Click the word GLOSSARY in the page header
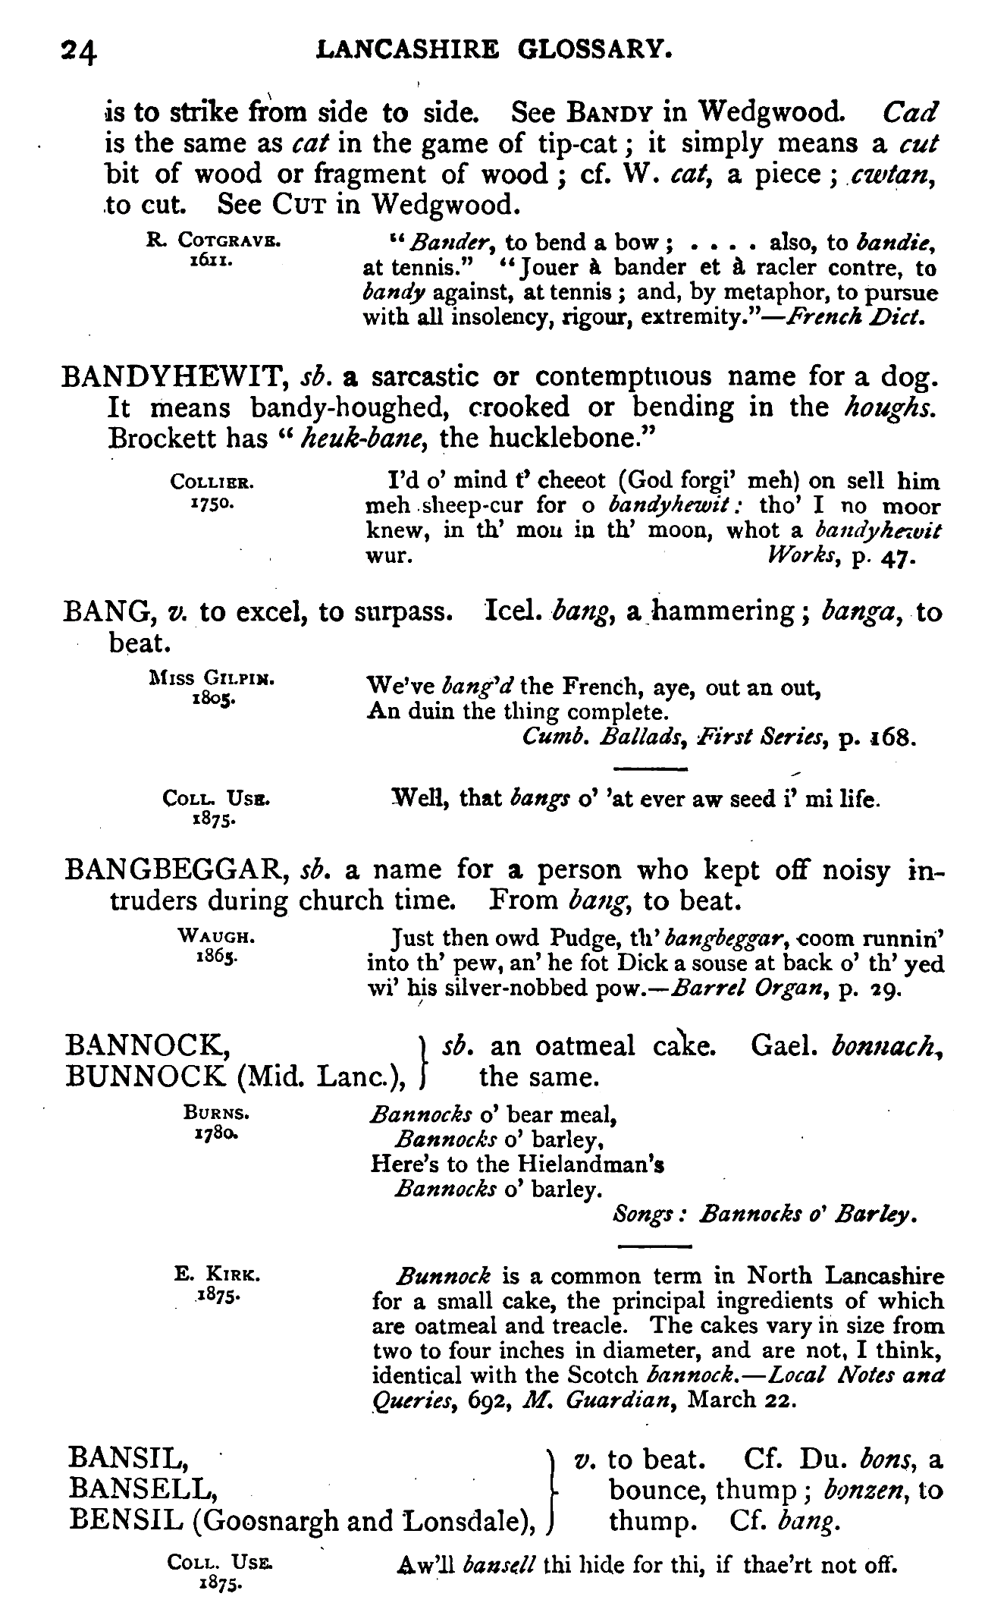pyautogui.click(x=594, y=51)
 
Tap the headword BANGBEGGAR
pyautogui.click(x=175, y=869)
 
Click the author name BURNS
pyautogui.click(x=217, y=1114)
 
